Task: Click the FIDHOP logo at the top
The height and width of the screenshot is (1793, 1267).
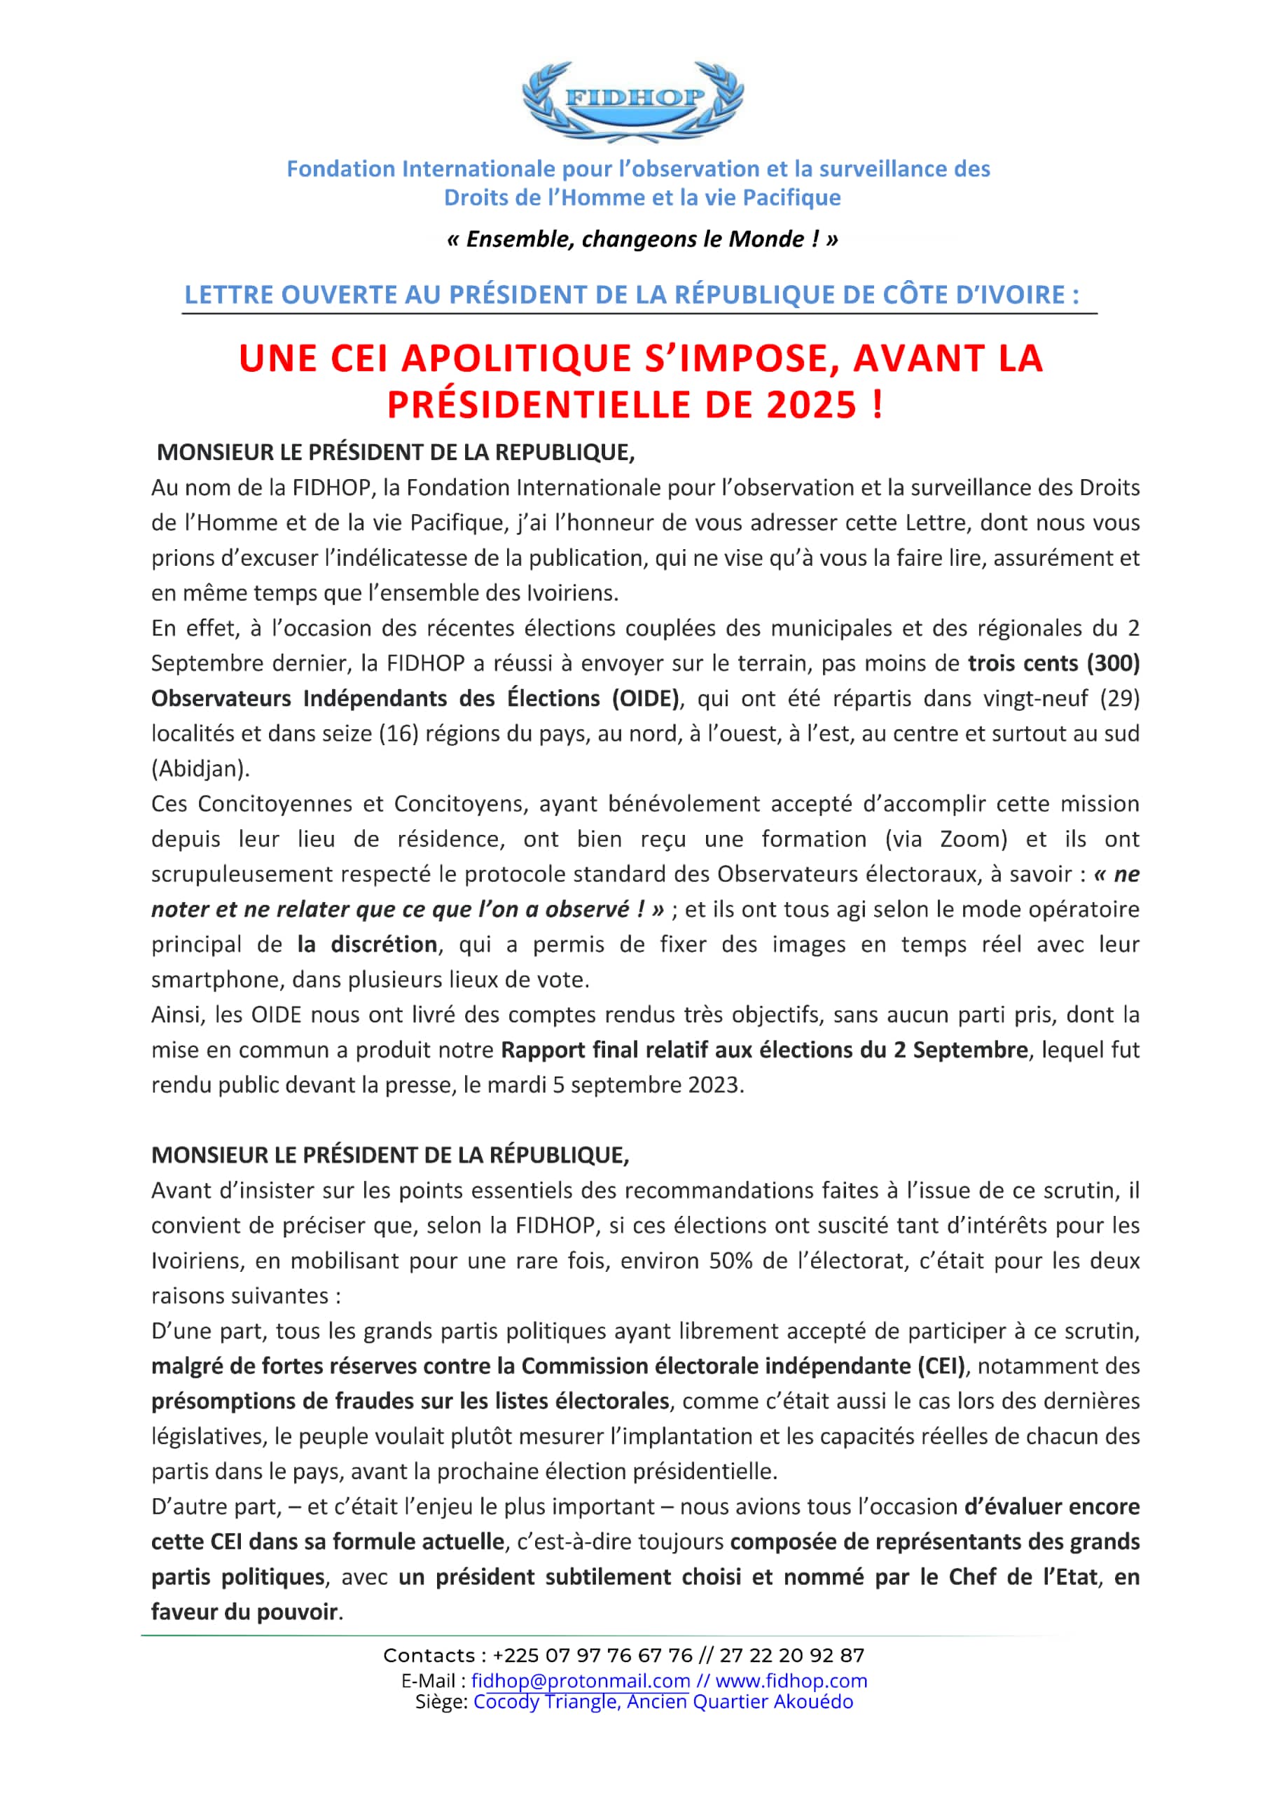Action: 632,100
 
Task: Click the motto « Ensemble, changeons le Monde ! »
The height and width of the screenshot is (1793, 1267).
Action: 642,239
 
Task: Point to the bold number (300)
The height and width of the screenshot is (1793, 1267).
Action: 1113,663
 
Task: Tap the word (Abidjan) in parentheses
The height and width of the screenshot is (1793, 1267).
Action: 201,768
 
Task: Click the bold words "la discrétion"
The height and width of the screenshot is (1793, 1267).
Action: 367,944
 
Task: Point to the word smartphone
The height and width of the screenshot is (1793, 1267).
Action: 216,979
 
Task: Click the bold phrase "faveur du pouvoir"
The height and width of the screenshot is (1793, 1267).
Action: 245,1612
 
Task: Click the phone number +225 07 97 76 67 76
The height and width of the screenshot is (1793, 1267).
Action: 593,1656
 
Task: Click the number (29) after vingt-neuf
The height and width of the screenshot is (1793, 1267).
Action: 1119,698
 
